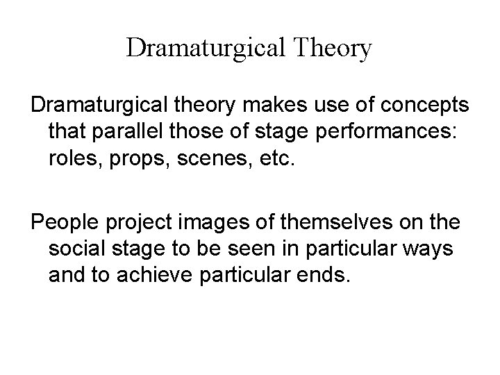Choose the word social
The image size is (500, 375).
78,250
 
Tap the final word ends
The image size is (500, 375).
326,276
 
